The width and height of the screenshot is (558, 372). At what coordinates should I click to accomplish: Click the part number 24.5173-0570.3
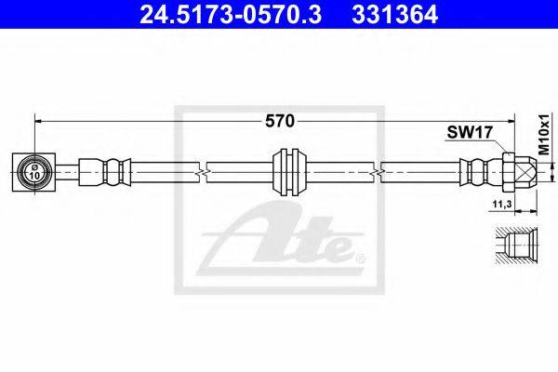(231, 15)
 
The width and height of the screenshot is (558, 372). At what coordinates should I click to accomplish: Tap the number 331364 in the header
(394, 15)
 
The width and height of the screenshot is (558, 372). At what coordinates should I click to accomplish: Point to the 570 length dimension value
(280, 122)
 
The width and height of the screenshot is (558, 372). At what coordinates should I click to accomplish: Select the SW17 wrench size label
(470, 133)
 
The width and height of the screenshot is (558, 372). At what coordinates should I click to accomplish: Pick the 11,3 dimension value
(502, 204)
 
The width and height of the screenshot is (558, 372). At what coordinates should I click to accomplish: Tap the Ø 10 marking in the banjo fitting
(34, 172)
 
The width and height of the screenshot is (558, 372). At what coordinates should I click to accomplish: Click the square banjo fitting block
(33, 172)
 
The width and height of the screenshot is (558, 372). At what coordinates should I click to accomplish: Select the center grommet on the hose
(288, 172)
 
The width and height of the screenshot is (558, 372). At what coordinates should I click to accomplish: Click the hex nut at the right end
(509, 172)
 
